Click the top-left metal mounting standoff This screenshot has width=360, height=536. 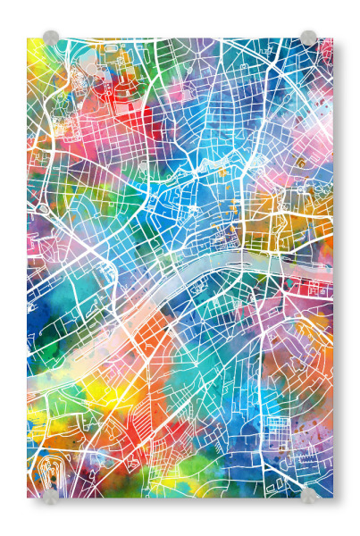coord(51,38)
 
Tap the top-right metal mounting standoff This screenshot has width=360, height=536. coord(308,38)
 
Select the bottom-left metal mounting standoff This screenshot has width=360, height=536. coord(51,494)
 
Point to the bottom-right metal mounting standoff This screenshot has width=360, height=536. coord(308,494)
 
